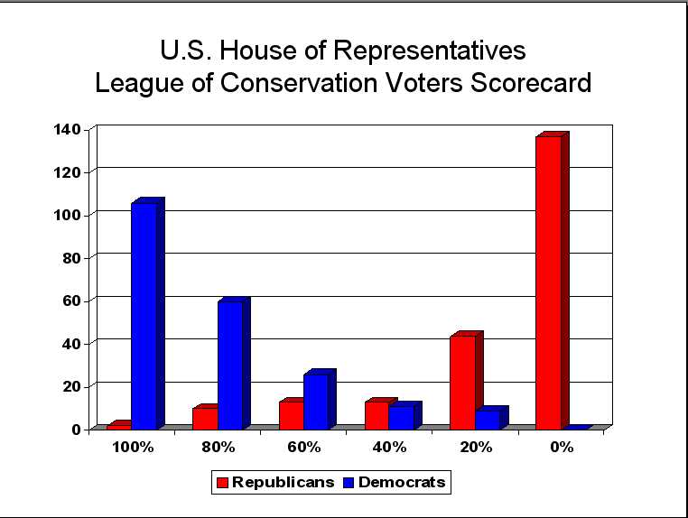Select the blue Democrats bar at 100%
pyautogui.click(x=144, y=315)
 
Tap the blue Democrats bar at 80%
pyautogui.click(x=229, y=365)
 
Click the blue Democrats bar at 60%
pyautogui.click(x=316, y=401)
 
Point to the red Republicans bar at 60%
pyautogui.click(x=291, y=414)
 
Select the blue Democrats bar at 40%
pyautogui.click(x=401, y=417)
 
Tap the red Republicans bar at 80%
pyautogui.click(x=205, y=418)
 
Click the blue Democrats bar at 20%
pyautogui.click(x=488, y=419)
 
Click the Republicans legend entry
pyautogui.click(x=274, y=482)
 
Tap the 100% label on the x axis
pyautogui.click(x=132, y=447)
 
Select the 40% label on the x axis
pyautogui.click(x=389, y=447)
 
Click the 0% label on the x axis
pyautogui.click(x=562, y=447)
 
